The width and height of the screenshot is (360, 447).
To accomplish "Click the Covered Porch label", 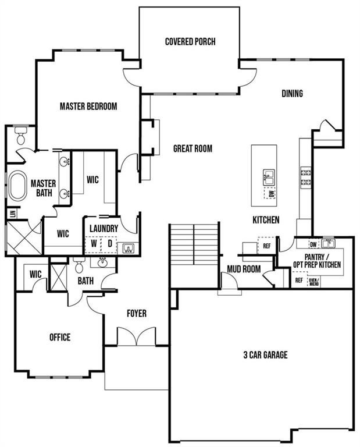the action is [x=190, y=42].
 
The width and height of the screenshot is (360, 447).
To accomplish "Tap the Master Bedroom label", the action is [x=88, y=107].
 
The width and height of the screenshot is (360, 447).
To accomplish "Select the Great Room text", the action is [x=193, y=148].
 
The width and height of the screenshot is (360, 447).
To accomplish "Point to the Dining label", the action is [x=292, y=94].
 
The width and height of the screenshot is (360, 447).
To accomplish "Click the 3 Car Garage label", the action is [x=265, y=355].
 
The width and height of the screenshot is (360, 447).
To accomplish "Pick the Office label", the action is [x=60, y=337].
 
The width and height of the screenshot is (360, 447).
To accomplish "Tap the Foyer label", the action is [x=137, y=313].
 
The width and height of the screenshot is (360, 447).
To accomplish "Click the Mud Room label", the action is [x=244, y=269].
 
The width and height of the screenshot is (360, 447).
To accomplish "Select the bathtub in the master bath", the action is [x=17, y=185].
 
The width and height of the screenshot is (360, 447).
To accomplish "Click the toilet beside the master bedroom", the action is [x=21, y=136].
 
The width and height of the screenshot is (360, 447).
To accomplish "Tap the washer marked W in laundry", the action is [x=94, y=244].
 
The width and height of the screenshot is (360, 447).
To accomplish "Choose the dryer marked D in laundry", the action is [x=110, y=244].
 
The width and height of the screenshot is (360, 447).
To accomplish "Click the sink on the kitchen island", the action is [x=269, y=178].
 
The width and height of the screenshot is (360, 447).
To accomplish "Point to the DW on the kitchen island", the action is [x=271, y=194].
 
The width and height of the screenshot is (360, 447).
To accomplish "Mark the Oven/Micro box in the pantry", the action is [x=314, y=282].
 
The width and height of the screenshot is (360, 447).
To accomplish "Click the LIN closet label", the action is [x=13, y=214].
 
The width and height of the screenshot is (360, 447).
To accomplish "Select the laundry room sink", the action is [x=128, y=248].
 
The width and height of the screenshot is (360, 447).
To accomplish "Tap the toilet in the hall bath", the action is [x=79, y=265].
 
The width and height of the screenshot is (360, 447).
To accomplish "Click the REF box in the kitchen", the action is [x=266, y=246].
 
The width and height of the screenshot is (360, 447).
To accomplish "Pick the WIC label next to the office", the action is [x=35, y=275].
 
